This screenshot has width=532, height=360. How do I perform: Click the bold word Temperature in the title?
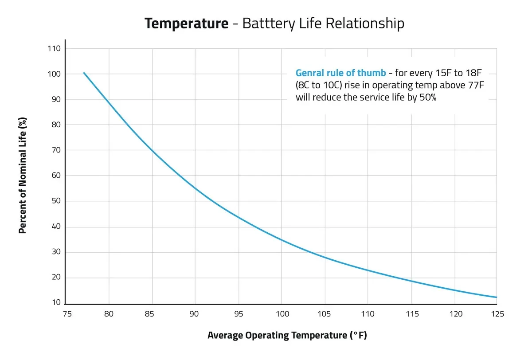(186, 23)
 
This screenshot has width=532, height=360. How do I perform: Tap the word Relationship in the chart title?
(365, 23)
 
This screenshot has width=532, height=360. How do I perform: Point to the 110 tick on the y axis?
(56, 48)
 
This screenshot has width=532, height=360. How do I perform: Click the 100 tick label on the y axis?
(56, 74)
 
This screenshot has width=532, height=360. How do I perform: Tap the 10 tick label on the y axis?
(58, 303)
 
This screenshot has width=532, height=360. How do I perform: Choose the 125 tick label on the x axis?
(497, 314)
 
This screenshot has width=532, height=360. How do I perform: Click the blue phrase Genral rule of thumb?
(340, 73)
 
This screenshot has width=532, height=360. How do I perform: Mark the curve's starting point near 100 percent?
(84, 73)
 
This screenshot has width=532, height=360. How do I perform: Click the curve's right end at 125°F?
(497, 297)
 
